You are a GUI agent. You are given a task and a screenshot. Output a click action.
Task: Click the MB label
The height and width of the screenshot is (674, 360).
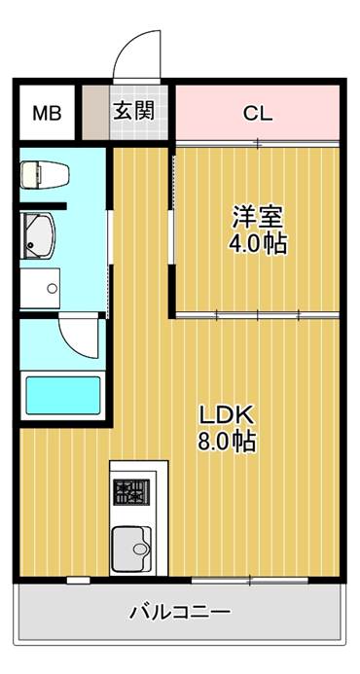coord(48,114)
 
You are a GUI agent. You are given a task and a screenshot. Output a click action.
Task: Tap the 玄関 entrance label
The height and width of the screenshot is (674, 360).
coord(133,112)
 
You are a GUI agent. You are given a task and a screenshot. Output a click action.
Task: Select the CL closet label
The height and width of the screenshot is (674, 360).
coord(258,114)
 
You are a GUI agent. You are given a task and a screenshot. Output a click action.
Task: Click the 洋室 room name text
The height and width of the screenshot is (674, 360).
coord(258,218)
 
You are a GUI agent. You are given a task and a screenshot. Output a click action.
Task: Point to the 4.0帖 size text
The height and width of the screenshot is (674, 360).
coord(258,244)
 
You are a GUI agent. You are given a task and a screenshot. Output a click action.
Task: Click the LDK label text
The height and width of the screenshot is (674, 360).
coord(228,415)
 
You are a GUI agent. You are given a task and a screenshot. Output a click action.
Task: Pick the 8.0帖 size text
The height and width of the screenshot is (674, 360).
coord(227,442)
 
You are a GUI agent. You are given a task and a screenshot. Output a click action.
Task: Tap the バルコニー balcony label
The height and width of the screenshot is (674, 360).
coord(180,611)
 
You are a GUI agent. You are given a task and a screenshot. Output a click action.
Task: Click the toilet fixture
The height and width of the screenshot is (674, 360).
coord(45,174)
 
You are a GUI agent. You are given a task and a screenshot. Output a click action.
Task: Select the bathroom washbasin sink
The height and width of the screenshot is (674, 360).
coord(37,235)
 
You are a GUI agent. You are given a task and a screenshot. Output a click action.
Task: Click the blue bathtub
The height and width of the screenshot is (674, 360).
coord(63,396)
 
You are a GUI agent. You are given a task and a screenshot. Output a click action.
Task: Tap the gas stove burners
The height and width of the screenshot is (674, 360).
coord(131,492)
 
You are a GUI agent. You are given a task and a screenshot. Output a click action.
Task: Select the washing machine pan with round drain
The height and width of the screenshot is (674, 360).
coord(40,289)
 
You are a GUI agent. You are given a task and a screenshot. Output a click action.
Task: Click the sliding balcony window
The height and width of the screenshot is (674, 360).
coord(249,581)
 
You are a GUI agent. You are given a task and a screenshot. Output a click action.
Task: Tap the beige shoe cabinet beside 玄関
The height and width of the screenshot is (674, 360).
coord(95,113)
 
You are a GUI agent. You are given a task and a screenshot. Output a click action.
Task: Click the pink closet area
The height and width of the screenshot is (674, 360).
coord(258,113)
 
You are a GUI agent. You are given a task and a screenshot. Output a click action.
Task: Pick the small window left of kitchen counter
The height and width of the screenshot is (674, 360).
coord(78,581)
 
